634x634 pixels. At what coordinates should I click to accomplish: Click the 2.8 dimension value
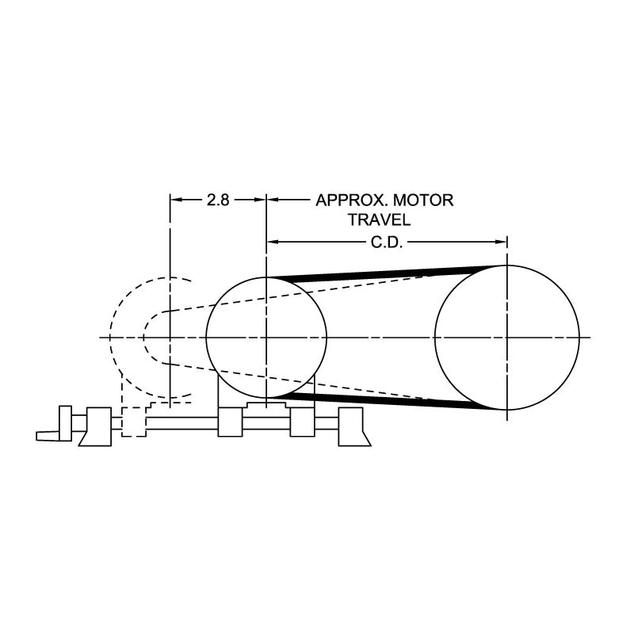coord(218,200)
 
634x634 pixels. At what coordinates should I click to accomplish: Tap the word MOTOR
coord(423,201)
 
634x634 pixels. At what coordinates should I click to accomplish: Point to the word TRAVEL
coord(380,220)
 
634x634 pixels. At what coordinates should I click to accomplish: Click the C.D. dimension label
coord(387,243)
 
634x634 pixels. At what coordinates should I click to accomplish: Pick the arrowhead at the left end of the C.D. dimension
coord(273,243)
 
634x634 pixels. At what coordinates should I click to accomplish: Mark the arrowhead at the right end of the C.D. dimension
coord(501,243)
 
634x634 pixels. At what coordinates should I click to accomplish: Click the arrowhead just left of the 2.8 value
coord(177,200)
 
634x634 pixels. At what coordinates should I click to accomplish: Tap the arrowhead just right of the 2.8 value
coord(260,200)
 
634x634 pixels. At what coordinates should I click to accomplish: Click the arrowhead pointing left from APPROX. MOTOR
coord(273,200)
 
